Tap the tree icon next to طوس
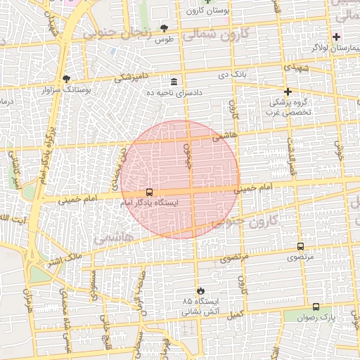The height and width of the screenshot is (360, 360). point(165,29)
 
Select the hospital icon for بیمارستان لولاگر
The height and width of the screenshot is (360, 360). point(337,37)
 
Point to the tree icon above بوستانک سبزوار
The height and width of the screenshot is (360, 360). point(66,79)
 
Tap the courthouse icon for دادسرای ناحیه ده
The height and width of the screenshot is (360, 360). point(174,82)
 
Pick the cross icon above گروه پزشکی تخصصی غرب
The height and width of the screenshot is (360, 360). point(288,91)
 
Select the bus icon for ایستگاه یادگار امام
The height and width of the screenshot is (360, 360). point(149,192)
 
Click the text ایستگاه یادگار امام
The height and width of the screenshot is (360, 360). point(149,202)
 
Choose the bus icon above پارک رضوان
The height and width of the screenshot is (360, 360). point(315,307)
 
